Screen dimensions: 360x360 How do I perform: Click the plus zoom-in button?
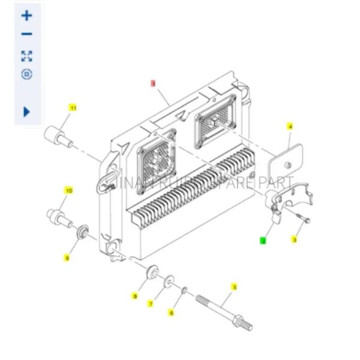pos(26,16)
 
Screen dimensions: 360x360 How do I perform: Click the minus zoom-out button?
pos(26,34)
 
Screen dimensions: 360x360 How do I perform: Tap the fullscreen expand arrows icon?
pos(26,56)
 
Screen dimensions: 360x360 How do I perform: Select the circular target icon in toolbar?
pos(26,74)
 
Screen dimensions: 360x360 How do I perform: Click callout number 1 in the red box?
pos(153,85)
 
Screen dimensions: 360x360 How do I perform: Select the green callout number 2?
pos(262,240)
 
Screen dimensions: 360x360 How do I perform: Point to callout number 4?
pos(290,127)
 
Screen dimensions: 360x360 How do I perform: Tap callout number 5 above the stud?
pos(235,287)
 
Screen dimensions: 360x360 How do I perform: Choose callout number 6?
pos(171,312)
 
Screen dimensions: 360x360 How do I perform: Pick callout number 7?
pos(151,304)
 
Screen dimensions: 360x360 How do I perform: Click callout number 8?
pos(135,296)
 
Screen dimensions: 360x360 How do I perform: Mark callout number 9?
pos(67,257)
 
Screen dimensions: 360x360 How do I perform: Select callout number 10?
pos(68,190)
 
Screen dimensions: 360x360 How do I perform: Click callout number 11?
pos(73,108)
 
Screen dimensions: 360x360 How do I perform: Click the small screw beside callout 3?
pos(302,220)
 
